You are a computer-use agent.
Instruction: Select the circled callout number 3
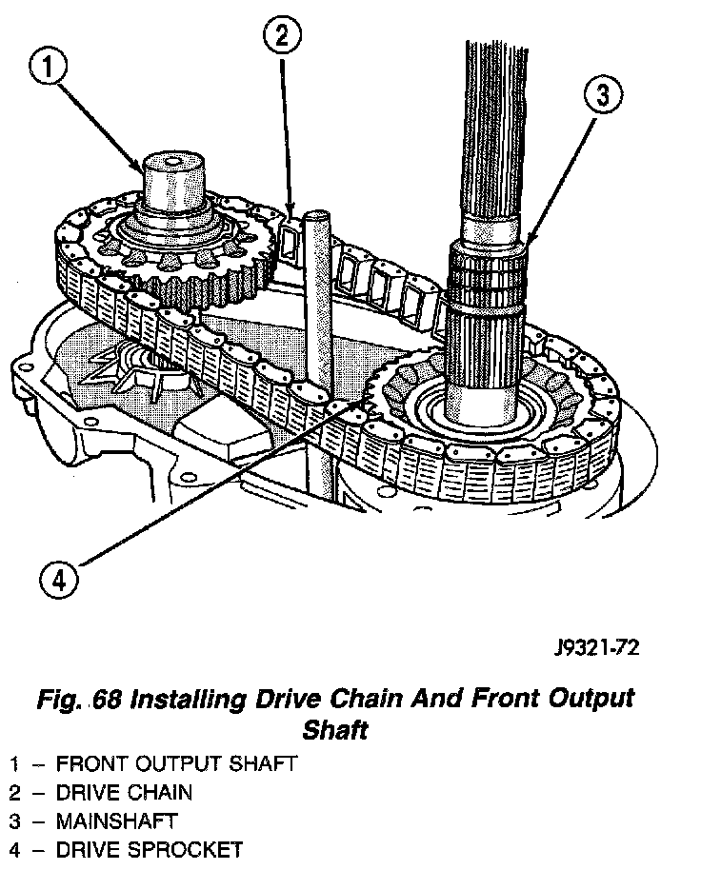[x=601, y=95]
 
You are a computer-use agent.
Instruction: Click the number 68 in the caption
[x=104, y=700]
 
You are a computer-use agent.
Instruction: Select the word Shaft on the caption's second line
[x=334, y=732]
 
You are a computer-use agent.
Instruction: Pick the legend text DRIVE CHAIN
[x=124, y=792]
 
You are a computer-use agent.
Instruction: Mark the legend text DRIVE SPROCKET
[x=149, y=849]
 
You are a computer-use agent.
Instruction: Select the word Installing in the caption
[x=181, y=700]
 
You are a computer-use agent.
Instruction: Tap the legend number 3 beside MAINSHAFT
[x=14, y=821]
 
